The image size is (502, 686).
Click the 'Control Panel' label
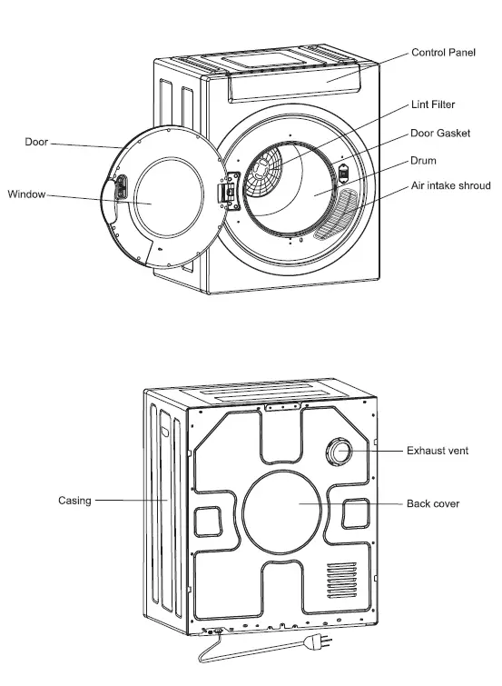(443, 54)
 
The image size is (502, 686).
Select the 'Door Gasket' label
(439, 134)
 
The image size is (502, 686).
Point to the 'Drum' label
(423, 161)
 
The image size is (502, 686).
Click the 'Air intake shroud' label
(450, 186)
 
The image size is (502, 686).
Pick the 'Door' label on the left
(36, 143)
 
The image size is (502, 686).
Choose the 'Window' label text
(26, 194)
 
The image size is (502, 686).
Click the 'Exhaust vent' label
(438, 451)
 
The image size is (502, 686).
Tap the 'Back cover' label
(433, 503)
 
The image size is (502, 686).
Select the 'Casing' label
(74, 501)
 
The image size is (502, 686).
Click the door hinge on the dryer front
(228, 193)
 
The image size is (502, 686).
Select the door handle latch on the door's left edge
(119, 191)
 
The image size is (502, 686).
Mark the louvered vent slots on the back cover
(341, 579)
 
